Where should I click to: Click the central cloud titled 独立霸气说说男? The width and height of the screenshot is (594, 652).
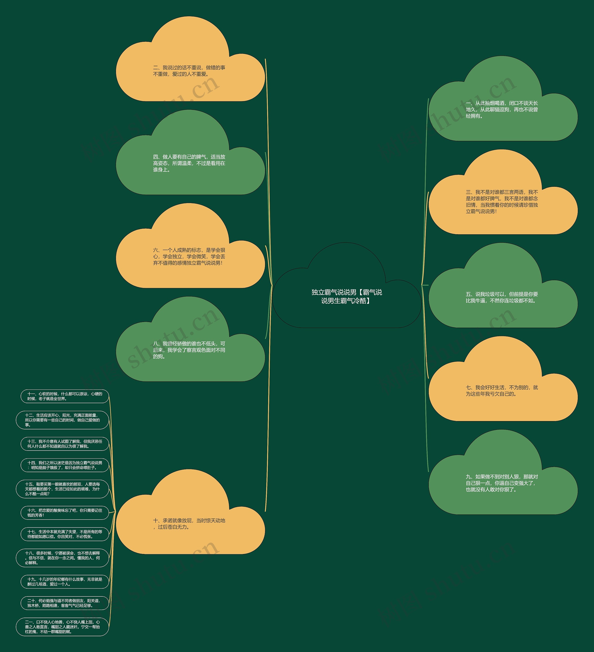(x=347, y=296)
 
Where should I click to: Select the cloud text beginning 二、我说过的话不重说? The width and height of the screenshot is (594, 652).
(x=189, y=71)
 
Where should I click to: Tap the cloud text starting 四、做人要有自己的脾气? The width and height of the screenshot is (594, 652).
(x=189, y=163)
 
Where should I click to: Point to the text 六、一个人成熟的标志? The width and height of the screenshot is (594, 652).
(x=189, y=257)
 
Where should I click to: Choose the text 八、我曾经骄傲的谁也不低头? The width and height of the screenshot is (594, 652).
(x=189, y=350)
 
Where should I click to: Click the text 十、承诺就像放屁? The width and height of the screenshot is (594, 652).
(x=189, y=524)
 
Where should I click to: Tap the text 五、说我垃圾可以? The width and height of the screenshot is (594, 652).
(x=502, y=297)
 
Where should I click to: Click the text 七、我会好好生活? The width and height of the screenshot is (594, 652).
(x=502, y=391)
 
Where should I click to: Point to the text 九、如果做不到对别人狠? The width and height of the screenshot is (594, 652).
(x=502, y=483)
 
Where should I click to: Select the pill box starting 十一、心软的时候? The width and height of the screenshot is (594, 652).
(x=65, y=396)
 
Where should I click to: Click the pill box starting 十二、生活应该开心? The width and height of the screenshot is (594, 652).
(x=62, y=420)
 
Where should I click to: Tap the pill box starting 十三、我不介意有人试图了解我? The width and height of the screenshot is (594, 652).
(x=65, y=444)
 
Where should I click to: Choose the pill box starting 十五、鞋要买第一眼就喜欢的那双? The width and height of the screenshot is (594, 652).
(x=62, y=489)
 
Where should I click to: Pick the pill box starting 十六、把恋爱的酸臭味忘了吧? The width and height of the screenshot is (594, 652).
(x=65, y=513)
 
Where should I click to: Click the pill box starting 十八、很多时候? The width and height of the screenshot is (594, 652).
(x=62, y=558)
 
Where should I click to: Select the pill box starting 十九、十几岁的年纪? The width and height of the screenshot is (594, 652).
(x=65, y=582)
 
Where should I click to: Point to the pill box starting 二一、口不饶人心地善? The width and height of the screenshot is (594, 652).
(x=62, y=627)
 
